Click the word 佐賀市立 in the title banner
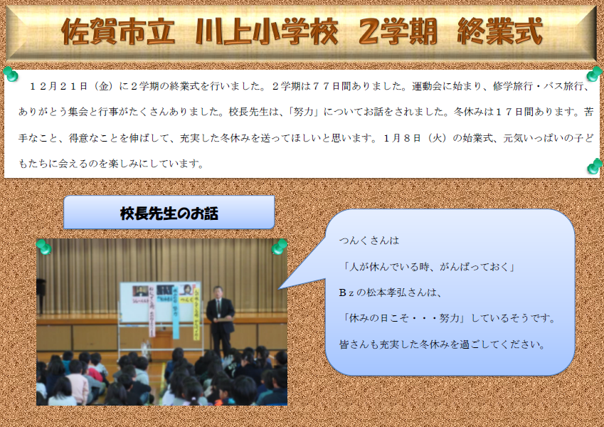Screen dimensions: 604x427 pyautogui.click(x=118, y=31)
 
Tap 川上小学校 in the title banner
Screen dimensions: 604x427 pyautogui.click(x=267, y=31)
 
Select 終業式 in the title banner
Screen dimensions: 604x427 pyautogui.click(x=500, y=31)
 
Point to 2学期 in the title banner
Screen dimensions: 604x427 pyautogui.click(x=398, y=31)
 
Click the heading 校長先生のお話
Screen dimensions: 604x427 pyautogui.click(x=169, y=213)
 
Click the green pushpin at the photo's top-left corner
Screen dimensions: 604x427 pyautogui.click(x=44, y=247)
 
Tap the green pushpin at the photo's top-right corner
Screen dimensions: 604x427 pyautogui.click(x=280, y=247)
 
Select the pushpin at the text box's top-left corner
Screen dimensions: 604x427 pyautogui.click(x=11, y=74)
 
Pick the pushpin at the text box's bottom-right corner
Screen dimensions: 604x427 pyautogui.click(x=595, y=167)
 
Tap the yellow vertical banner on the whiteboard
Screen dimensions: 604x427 pyautogui.click(x=196, y=314)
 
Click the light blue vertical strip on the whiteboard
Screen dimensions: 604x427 pyautogui.click(x=176, y=312)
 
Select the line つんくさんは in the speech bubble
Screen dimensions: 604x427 pyautogui.click(x=369, y=241)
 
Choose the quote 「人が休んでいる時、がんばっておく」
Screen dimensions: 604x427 pyautogui.click(x=429, y=267)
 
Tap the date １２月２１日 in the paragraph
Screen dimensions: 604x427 pyautogui.click(x=58, y=86)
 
